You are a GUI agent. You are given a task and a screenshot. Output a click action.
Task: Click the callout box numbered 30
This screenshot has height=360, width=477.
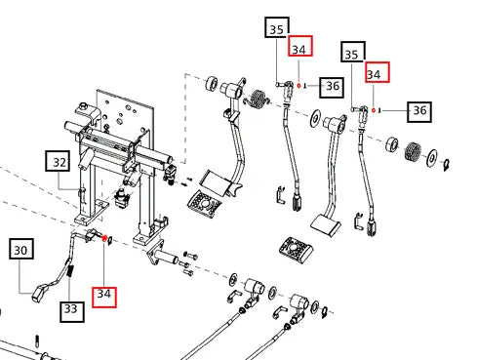pos(21,249)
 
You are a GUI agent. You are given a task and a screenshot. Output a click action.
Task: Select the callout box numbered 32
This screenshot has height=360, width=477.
pos(58,161)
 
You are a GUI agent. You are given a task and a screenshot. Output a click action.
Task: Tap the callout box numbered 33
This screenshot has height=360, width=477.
pos(72,312)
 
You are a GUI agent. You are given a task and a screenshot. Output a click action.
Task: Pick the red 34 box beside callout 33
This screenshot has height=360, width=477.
pos(104,297)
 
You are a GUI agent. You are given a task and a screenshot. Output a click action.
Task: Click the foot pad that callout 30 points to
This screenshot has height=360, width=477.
pos(39,291)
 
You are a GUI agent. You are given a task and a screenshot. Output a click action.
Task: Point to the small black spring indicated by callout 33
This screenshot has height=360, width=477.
pos(70,271)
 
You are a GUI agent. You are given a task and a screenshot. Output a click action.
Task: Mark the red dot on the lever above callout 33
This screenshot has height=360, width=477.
pos(104,238)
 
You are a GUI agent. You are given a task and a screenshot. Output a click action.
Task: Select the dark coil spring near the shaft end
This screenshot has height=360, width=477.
pos(414,151)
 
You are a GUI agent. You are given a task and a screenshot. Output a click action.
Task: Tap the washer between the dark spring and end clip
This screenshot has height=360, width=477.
pos(432,158)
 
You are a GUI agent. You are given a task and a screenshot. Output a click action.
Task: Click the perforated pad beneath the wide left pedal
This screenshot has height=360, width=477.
pos(205,203)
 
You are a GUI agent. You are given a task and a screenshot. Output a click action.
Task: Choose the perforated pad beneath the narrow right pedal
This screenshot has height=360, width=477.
pos(296,249)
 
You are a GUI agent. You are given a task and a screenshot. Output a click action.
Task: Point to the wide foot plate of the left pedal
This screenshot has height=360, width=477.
pos(216,182)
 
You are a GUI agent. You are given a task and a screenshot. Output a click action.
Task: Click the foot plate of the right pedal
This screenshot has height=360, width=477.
pos(326,224)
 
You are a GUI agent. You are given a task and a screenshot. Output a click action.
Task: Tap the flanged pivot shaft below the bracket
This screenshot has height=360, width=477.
pos(162,254)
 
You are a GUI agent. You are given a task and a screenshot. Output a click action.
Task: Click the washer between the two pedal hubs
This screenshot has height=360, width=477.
pos(315,118)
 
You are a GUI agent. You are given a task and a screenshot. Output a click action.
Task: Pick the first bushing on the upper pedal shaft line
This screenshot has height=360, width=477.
pos(213,84)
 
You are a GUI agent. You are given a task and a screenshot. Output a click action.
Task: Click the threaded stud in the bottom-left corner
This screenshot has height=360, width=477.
pos(37,340)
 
